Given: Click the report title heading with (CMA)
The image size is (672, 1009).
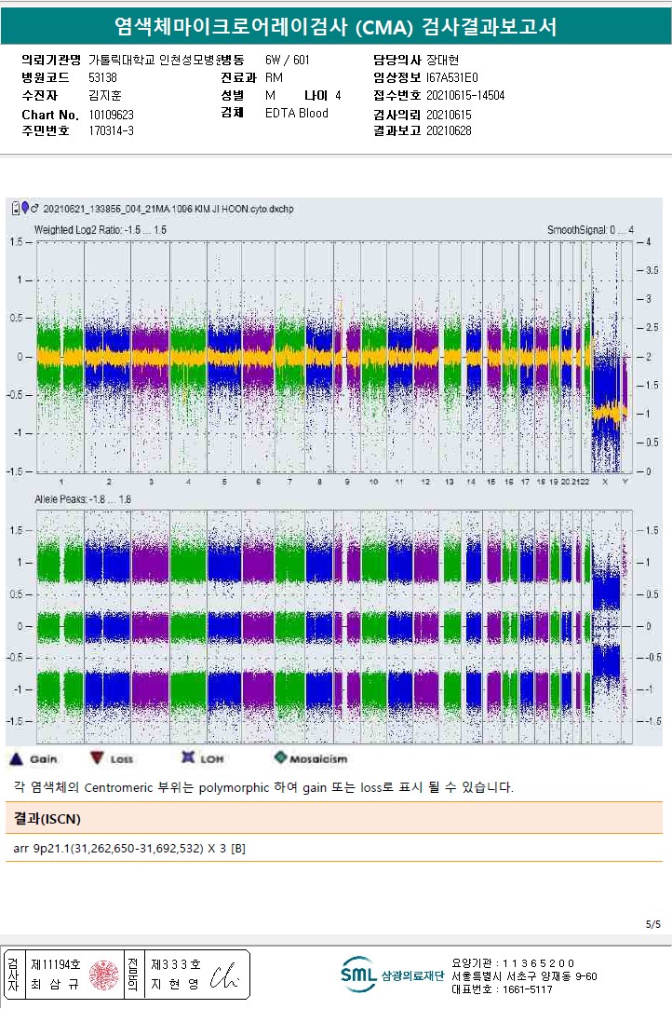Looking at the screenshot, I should pyautogui.click(x=335, y=26).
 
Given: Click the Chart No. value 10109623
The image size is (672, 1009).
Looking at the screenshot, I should pyautogui.click(x=112, y=114).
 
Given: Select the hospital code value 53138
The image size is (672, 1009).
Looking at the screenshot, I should pyautogui.click(x=102, y=77).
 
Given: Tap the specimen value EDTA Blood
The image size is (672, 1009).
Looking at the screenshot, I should pyautogui.click(x=297, y=113).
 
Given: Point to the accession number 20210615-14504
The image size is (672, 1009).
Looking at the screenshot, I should pyautogui.click(x=465, y=95).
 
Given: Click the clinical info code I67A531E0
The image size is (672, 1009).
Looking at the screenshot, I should pyautogui.click(x=451, y=77).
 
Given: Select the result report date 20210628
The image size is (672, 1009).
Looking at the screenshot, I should pyautogui.click(x=449, y=130).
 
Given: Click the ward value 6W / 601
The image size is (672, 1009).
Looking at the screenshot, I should pyautogui.click(x=288, y=60).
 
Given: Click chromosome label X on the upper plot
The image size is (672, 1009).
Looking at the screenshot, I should pyautogui.click(x=606, y=482).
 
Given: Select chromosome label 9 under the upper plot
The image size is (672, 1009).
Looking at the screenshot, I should pyautogui.click(x=347, y=482).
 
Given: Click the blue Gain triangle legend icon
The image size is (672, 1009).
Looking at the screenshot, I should pyautogui.click(x=15, y=758).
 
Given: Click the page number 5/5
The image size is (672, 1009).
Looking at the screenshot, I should pyautogui.click(x=652, y=924).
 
